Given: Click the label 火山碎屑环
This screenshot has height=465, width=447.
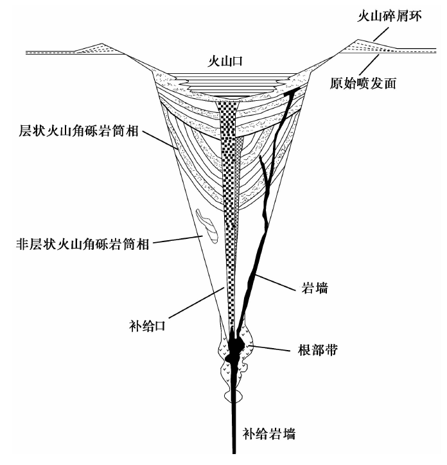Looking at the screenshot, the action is tap(389, 15).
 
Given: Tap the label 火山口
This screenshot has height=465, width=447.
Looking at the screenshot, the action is tap(225, 61).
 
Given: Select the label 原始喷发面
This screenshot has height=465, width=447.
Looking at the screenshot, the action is tap(363, 83).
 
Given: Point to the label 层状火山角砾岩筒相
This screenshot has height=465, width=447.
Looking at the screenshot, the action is tap(78, 130).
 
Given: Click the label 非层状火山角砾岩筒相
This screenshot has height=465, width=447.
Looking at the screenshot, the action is tap(82, 244).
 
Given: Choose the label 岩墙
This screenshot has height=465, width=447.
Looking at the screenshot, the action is tap(315, 288).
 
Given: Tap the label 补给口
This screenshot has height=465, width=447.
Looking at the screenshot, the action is tap(148, 326).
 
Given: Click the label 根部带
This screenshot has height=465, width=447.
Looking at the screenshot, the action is tap(318, 350).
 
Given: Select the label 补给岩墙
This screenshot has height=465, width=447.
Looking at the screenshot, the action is tap(269, 434).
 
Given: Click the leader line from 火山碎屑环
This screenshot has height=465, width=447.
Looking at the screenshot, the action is tap(381, 34).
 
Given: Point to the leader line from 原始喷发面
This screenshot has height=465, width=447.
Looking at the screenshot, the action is tap(369, 65).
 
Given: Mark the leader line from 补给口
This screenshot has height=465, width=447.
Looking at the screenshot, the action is tap(196, 303).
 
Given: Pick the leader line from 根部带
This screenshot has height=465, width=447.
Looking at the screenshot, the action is tap(269, 348).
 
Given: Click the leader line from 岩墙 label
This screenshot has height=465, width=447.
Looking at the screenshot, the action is tap(276, 283).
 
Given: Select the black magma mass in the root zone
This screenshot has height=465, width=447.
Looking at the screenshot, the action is tap(235, 347).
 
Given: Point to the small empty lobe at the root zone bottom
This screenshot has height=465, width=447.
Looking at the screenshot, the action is tap(233, 396).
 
